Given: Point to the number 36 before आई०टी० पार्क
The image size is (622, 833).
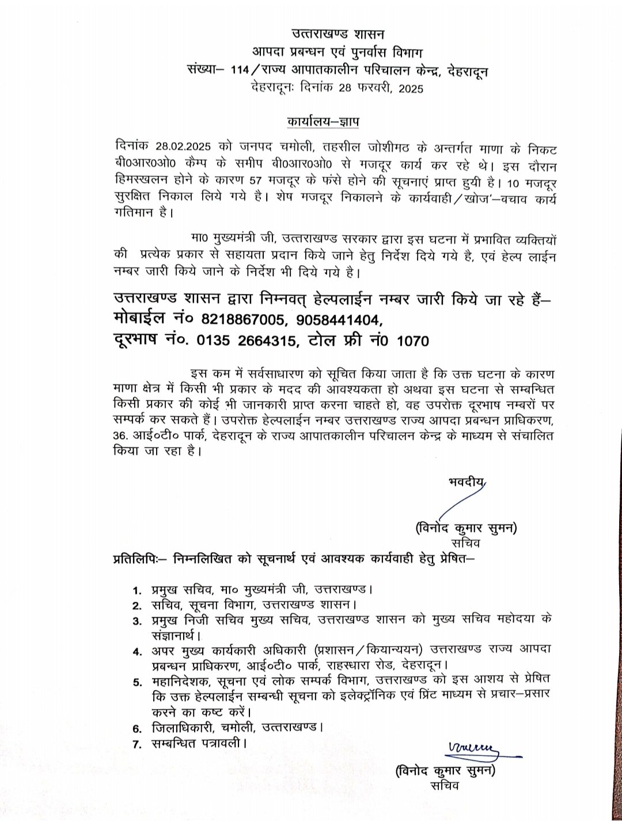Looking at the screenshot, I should click(x=122, y=436).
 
